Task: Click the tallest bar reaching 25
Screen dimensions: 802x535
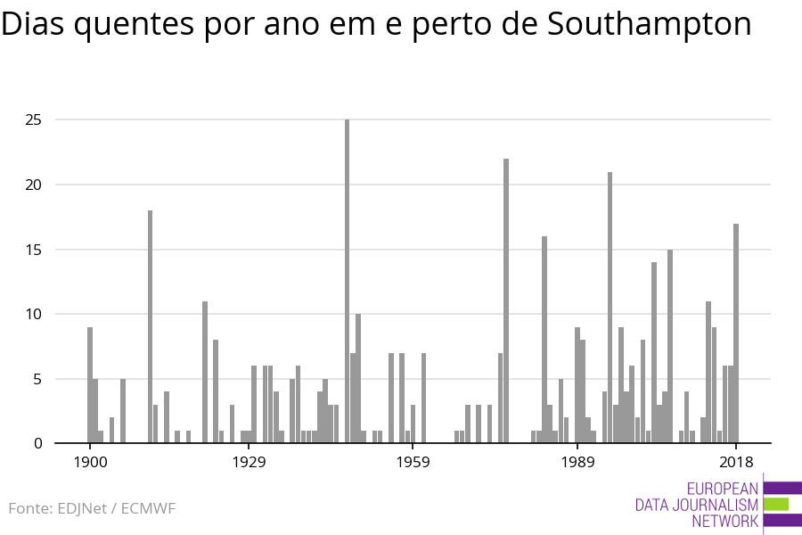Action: (x=347, y=281)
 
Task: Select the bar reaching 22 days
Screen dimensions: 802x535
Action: (x=506, y=300)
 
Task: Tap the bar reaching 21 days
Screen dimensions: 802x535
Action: (x=610, y=307)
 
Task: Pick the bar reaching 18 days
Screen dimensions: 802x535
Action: (x=150, y=326)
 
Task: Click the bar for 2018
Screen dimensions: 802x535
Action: (x=736, y=333)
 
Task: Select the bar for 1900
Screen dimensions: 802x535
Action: (x=90, y=385)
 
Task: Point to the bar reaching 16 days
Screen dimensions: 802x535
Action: (x=544, y=340)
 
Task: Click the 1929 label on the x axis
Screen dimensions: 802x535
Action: (x=249, y=462)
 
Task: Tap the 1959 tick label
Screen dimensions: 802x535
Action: (x=413, y=462)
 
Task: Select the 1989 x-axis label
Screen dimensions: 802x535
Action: (x=577, y=462)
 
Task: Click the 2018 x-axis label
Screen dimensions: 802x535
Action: (x=736, y=462)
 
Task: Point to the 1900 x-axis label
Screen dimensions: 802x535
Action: (x=90, y=462)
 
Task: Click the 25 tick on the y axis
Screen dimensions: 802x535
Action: (x=33, y=119)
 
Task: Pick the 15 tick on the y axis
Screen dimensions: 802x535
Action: (x=33, y=250)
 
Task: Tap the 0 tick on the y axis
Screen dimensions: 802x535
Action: (x=37, y=443)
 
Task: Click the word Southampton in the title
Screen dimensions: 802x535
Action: (x=649, y=24)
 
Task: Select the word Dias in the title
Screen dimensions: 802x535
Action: (x=33, y=24)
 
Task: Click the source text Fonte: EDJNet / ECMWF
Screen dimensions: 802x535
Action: (x=92, y=508)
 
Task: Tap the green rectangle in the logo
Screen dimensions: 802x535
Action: (x=776, y=505)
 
